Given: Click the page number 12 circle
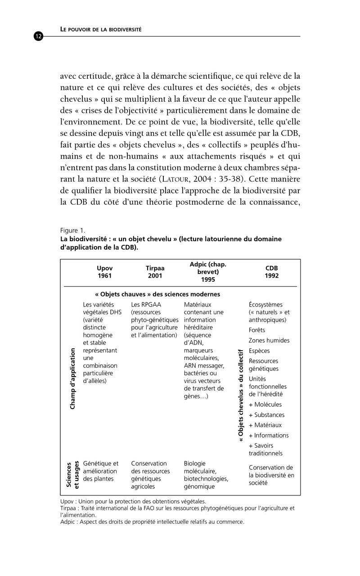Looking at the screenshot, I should click(38, 36).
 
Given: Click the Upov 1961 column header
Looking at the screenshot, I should click(104, 272).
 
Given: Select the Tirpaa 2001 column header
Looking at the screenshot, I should click(155, 272).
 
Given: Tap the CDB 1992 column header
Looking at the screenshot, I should click(272, 272).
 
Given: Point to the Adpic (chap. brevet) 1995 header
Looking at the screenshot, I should click(208, 272).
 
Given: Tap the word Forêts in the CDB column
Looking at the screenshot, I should click(257, 330).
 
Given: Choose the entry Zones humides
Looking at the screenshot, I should click(269, 340).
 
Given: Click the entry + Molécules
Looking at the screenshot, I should click(265, 404).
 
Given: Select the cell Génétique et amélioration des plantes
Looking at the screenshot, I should click(101, 471).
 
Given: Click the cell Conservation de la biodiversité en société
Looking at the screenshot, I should click(271, 475).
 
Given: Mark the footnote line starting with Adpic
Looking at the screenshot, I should click(152, 522).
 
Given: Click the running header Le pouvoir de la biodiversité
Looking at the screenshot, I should click(101, 29).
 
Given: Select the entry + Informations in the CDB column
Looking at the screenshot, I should click(269, 435).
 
